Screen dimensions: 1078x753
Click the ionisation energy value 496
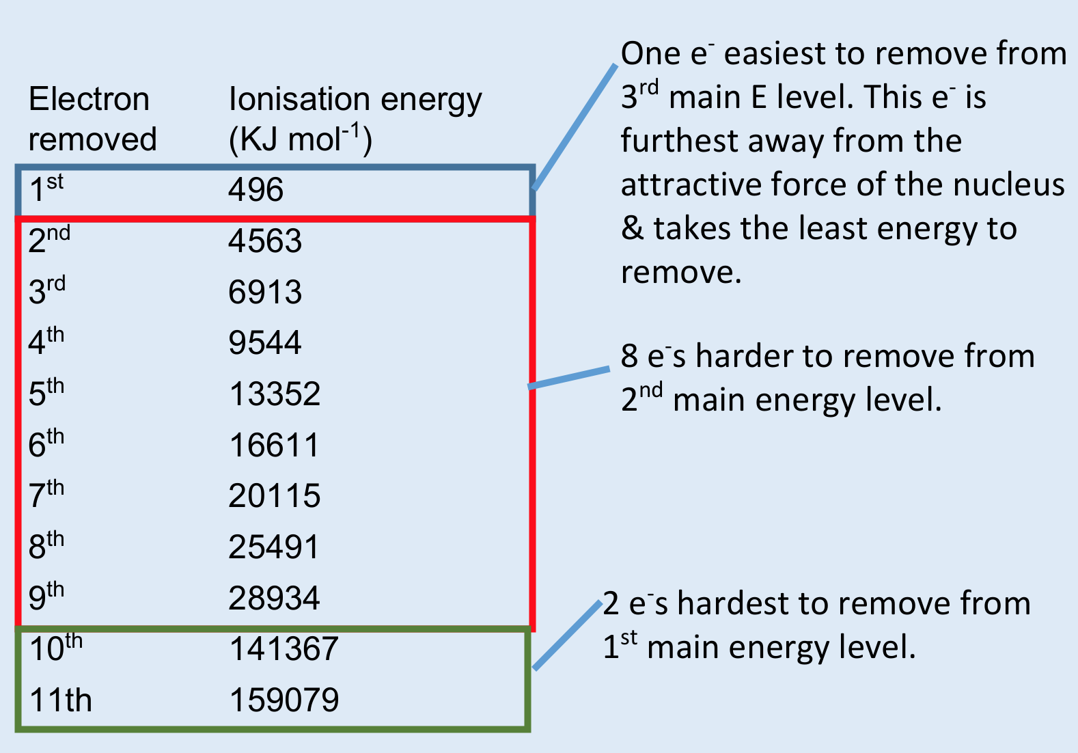(x=255, y=189)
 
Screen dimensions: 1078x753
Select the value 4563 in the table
(x=265, y=241)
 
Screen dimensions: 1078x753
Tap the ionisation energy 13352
(x=275, y=394)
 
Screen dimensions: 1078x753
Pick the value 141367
(x=284, y=649)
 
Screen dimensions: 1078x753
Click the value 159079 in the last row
(x=284, y=700)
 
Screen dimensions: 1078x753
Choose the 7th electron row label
(x=46, y=495)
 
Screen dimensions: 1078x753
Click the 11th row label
(x=60, y=700)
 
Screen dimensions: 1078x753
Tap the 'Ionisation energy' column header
(x=355, y=100)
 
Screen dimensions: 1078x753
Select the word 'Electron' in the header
(x=89, y=100)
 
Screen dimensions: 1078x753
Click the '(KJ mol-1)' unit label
(x=300, y=139)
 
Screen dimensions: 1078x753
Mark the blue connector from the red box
(x=569, y=378)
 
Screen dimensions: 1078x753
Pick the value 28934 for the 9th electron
(x=274, y=598)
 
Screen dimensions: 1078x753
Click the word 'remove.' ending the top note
(x=680, y=272)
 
